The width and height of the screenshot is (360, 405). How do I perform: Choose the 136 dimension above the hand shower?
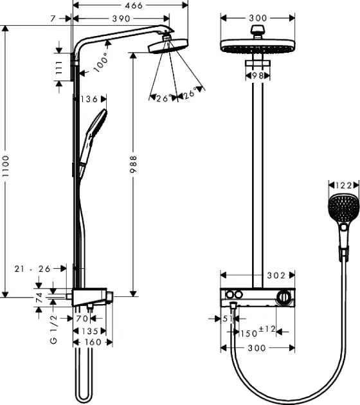(91, 99)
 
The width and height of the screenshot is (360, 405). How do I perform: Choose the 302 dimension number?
(276, 275)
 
